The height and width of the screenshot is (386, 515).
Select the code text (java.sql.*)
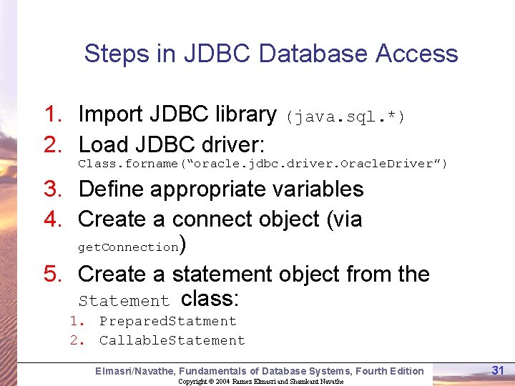click(345, 117)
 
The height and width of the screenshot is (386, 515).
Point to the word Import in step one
click(113, 114)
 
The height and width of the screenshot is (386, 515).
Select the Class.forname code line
click(263, 164)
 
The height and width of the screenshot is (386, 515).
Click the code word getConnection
click(128, 247)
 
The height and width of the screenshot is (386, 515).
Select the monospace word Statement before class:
click(124, 301)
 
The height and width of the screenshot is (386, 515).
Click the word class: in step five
click(210, 298)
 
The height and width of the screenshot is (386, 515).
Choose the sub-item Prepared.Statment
click(167, 322)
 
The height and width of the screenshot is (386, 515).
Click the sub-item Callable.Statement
click(172, 340)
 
